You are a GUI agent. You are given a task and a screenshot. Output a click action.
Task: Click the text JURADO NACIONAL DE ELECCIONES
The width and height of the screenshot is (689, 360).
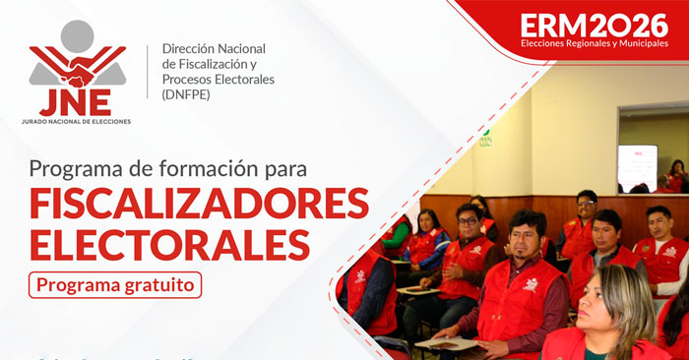[76, 122]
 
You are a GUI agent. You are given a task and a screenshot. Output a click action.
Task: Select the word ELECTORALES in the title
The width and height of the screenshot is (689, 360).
[168, 243]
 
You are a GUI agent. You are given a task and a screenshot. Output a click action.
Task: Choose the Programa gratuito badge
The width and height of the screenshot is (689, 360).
[116, 284]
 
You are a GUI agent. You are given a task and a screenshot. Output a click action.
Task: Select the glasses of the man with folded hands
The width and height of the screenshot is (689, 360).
[469, 218]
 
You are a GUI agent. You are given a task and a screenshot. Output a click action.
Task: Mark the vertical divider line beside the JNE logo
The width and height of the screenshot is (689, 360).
[148, 73]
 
